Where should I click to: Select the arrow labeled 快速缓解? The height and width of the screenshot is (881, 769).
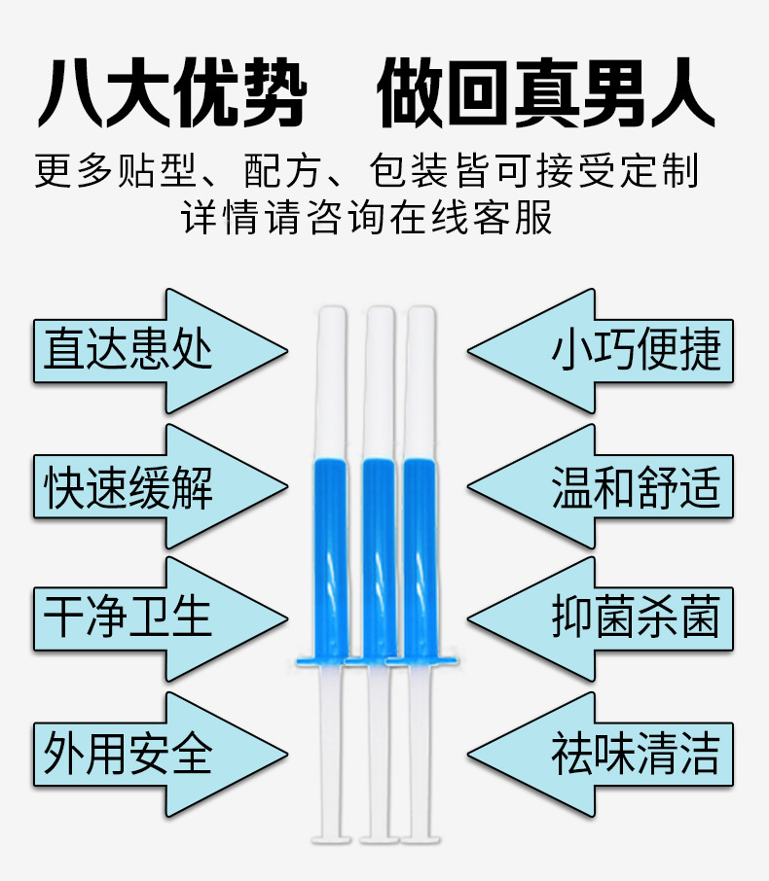pos(146,485)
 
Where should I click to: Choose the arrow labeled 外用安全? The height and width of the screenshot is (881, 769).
pos(146,754)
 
